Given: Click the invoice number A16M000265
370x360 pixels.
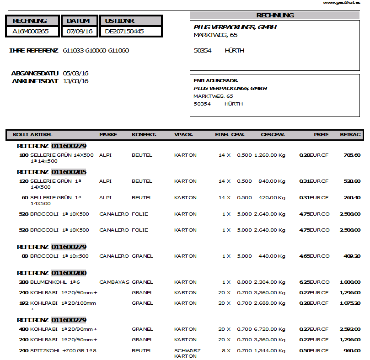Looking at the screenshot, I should pyautogui.click(x=30, y=32).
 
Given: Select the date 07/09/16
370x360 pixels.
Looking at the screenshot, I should pyautogui.click(x=80, y=32).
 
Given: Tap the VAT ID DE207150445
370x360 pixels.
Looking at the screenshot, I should pyautogui.click(x=124, y=32).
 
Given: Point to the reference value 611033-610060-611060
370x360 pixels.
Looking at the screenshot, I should pyautogui.click(x=96, y=51).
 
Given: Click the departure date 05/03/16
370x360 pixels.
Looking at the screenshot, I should pyautogui.click(x=75, y=73).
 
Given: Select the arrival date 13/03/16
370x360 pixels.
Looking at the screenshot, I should pyautogui.click(x=75, y=81).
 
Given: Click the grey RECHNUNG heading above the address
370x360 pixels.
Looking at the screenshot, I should pyautogui.click(x=275, y=16).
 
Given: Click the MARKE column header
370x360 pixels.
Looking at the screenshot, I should pyautogui.click(x=108, y=135).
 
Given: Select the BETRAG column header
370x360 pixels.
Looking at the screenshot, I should pyautogui.click(x=350, y=135).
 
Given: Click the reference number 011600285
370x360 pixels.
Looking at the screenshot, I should pyautogui.click(x=69, y=172).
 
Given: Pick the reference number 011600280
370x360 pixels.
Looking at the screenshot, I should pyautogui.click(x=69, y=273).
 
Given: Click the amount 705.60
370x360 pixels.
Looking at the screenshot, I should pyautogui.click(x=352, y=155).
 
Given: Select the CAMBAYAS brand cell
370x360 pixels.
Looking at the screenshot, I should pyautogui.click(x=114, y=282).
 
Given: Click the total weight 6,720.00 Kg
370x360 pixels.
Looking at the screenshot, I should pyautogui.click(x=269, y=329).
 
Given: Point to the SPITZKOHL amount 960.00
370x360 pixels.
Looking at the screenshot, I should pyautogui.click(x=352, y=351).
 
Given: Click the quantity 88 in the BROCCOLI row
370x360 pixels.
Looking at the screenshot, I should pyautogui.click(x=25, y=256).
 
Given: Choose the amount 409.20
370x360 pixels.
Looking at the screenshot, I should pyautogui.click(x=352, y=256).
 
